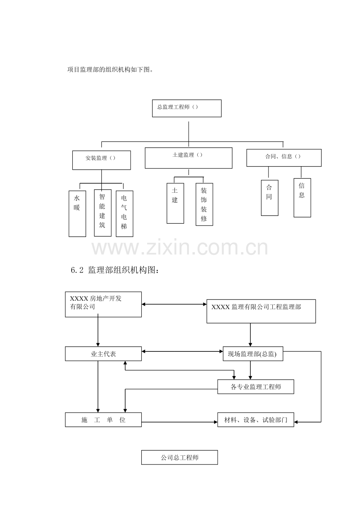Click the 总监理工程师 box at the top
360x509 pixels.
coord(187,108)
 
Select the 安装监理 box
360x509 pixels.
coord(101,160)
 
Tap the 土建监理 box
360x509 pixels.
coord(188,158)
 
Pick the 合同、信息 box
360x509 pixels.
coord(284,158)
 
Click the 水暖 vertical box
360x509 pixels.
coord(77,213)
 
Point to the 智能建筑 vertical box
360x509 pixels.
coord(103,213)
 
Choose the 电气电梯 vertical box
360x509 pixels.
coord(124,213)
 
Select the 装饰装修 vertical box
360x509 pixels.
coord(204,204)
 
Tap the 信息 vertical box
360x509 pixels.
coord(302,197)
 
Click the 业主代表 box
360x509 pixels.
coord(103,354)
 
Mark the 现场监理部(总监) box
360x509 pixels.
coord(253,355)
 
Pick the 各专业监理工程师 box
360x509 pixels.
coord(256,387)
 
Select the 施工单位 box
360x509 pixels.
coord(103,420)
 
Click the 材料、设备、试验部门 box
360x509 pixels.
coord(256,420)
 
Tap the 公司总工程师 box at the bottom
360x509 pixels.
coord(179,457)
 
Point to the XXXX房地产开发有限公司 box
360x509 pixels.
coord(103,304)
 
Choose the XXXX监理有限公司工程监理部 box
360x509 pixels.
coord(261,312)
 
